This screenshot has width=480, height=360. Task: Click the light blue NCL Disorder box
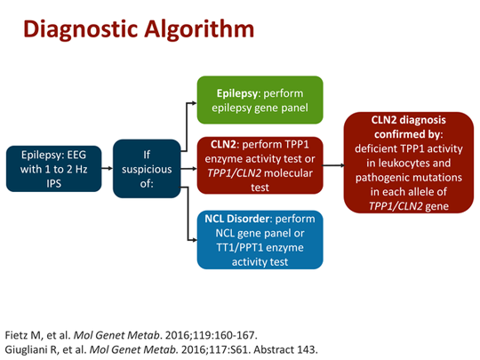tap(259, 238)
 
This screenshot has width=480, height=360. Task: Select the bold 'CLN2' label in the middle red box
tap(222, 143)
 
